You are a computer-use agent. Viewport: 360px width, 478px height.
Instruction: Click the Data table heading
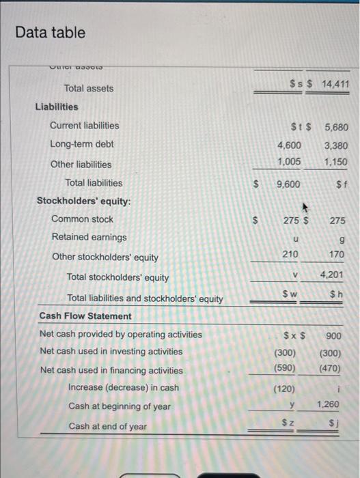coord(51,33)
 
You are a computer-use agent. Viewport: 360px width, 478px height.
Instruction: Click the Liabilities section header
coord(57,107)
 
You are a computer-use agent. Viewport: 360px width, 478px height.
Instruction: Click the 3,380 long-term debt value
coord(335,145)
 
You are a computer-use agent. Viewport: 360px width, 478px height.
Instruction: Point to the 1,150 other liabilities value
coord(335,163)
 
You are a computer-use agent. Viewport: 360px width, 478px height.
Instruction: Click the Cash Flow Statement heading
coord(85,316)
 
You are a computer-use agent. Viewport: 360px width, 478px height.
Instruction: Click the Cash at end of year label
coord(107,426)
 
